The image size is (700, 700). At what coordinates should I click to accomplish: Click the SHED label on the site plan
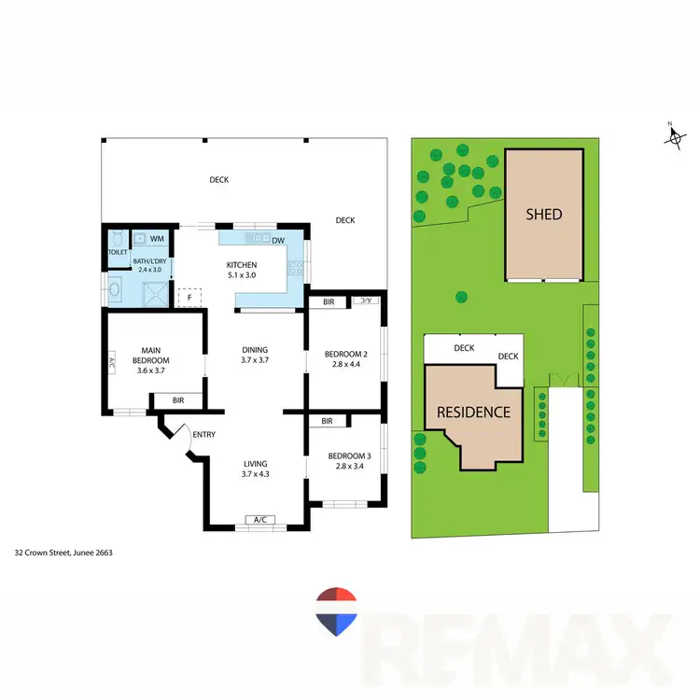[544, 214]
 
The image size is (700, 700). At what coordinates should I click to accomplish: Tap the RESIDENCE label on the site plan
[474, 412]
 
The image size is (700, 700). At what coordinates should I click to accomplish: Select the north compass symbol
[673, 136]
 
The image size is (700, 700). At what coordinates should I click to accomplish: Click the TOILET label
[117, 253]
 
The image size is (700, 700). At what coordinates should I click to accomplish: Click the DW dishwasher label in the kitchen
[278, 241]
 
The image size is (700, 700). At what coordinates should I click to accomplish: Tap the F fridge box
[190, 298]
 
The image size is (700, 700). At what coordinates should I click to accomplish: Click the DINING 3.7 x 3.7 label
[255, 355]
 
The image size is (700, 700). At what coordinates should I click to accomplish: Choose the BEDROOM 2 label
[346, 359]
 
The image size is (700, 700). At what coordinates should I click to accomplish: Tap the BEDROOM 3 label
[346, 461]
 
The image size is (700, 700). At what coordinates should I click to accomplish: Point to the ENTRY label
[203, 434]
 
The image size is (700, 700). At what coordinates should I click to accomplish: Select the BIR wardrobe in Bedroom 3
[328, 421]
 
